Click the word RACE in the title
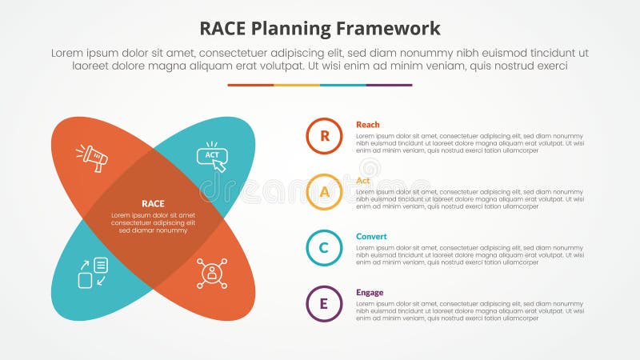228,29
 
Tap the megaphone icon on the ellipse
93,157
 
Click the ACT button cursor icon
212,157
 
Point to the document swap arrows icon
93,272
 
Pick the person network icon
212,273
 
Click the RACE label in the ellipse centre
153,203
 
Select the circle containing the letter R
324,136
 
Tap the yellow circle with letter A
324,192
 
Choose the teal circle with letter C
324,248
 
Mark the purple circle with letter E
324,304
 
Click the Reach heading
368,125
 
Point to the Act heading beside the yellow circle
363,181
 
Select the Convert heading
371,237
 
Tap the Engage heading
370,293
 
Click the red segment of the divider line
250,85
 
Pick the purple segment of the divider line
390,85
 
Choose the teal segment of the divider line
343,85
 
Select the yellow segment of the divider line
297,85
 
